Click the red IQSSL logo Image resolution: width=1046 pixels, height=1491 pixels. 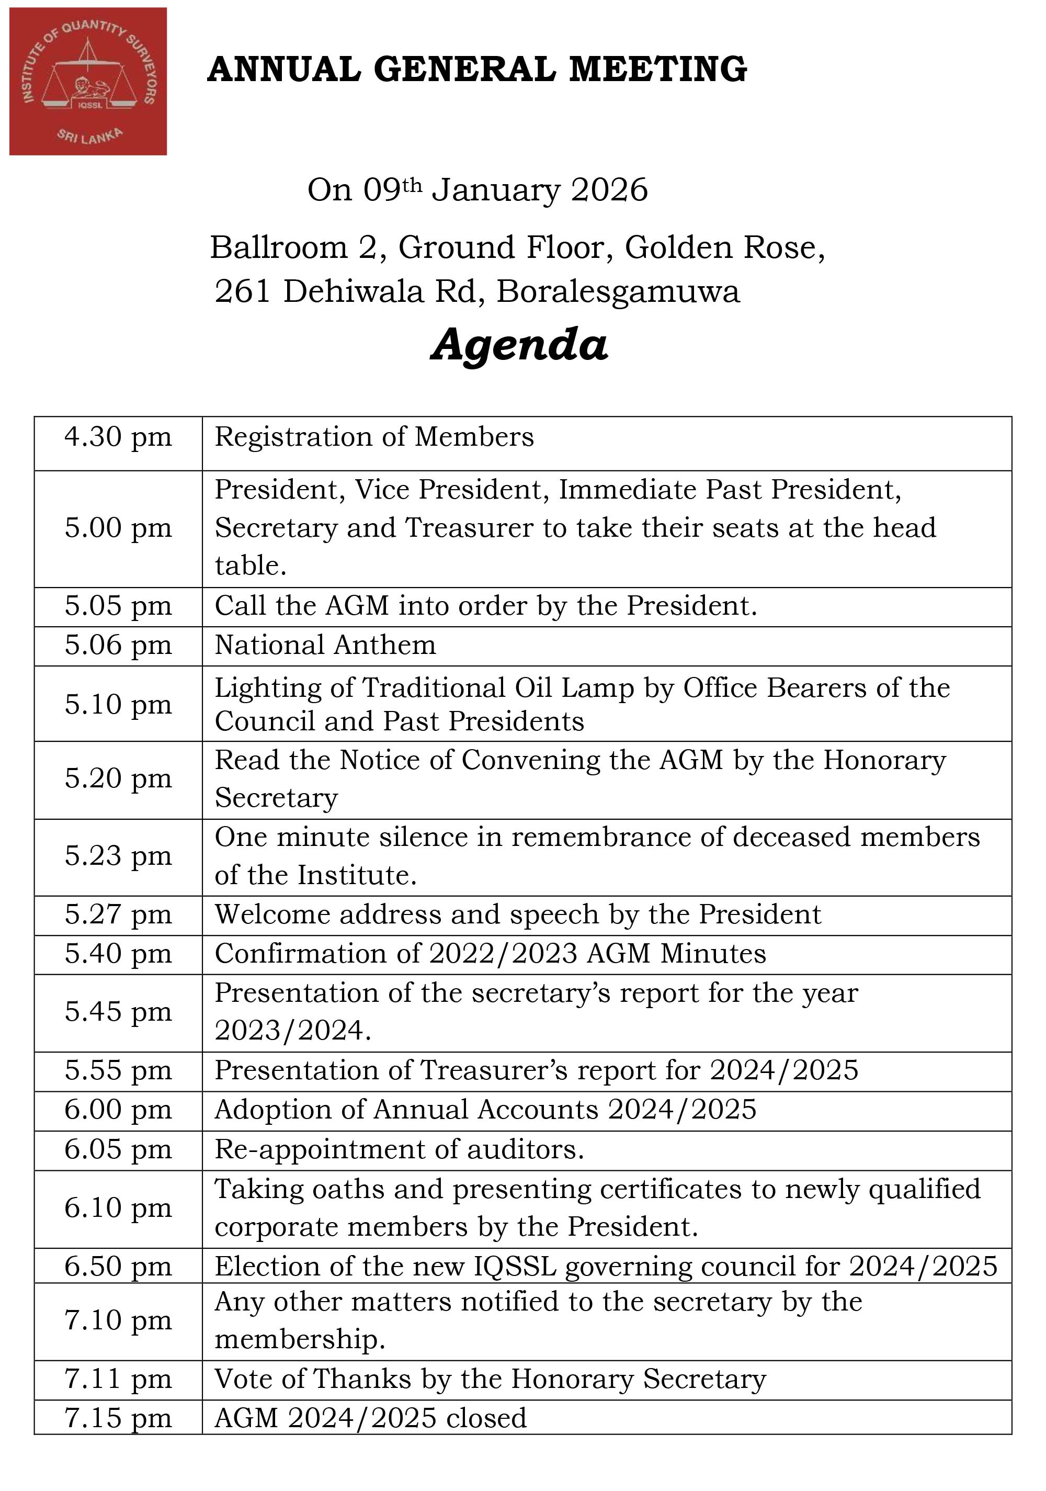pos(88,81)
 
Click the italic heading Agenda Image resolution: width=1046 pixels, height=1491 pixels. pos(519,344)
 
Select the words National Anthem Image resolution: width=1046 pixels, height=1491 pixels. pos(325,646)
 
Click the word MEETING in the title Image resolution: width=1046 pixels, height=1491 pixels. pos(658,70)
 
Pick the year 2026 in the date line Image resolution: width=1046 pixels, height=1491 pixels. pos(609,190)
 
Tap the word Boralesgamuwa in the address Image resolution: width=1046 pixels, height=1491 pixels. pos(618,291)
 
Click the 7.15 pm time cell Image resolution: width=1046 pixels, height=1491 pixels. pos(118,1418)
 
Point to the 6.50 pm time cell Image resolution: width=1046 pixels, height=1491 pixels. pos(118,1267)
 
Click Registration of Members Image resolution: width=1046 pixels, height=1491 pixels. pos(374,437)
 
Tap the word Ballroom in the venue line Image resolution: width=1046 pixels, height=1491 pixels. pos(279,247)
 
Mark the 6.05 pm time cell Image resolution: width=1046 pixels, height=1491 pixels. pos(118,1149)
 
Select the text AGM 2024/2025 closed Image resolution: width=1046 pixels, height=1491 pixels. pos(370,1418)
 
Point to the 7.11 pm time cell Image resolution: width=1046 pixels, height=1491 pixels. pos(118,1379)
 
